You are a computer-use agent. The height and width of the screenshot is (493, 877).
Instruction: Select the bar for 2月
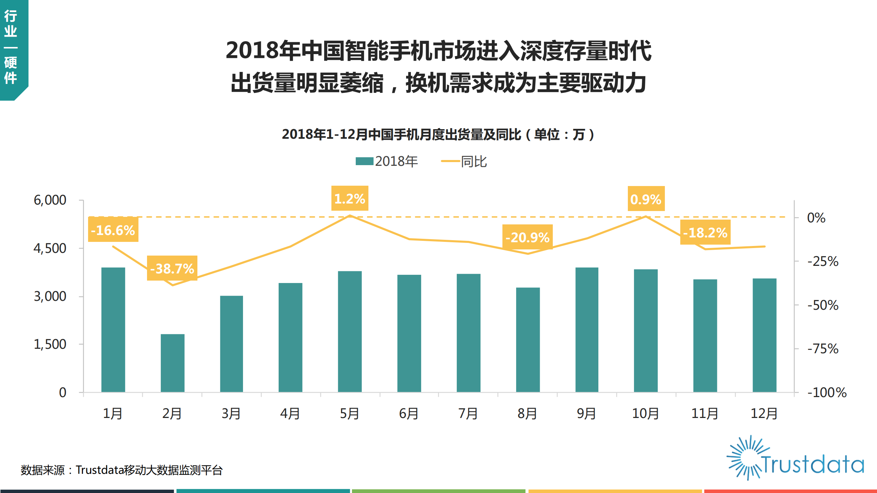[x=172, y=363]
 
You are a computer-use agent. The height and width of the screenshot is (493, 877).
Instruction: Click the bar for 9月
[x=587, y=330]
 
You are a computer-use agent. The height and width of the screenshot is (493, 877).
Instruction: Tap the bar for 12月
[x=764, y=335]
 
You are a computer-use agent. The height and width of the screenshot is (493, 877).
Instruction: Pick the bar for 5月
[x=350, y=332]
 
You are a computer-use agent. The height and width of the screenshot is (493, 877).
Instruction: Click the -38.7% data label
[x=172, y=268]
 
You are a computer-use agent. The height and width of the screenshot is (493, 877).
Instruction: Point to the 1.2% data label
[x=350, y=198]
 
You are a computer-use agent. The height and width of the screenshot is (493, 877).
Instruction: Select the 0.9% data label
[x=646, y=199]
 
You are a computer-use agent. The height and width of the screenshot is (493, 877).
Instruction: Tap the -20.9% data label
[x=527, y=237]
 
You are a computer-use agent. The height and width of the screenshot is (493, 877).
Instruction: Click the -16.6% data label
[x=113, y=230]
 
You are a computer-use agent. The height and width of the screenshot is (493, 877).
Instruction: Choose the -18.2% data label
[x=705, y=232]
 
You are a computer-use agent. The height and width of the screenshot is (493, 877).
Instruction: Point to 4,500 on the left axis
[x=50, y=248]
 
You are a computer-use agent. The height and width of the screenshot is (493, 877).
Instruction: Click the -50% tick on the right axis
[x=823, y=305]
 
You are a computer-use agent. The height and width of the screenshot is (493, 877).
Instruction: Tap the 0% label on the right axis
[x=816, y=218]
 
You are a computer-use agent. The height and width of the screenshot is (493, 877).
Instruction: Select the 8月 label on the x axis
[x=527, y=414]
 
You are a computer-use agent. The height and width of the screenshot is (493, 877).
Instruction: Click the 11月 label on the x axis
[x=705, y=414]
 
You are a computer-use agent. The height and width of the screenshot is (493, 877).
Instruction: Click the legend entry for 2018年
[x=387, y=161]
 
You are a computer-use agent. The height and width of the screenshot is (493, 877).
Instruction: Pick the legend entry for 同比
[x=464, y=161]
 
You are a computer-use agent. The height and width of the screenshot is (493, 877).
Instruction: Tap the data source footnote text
[x=122, y=470]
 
